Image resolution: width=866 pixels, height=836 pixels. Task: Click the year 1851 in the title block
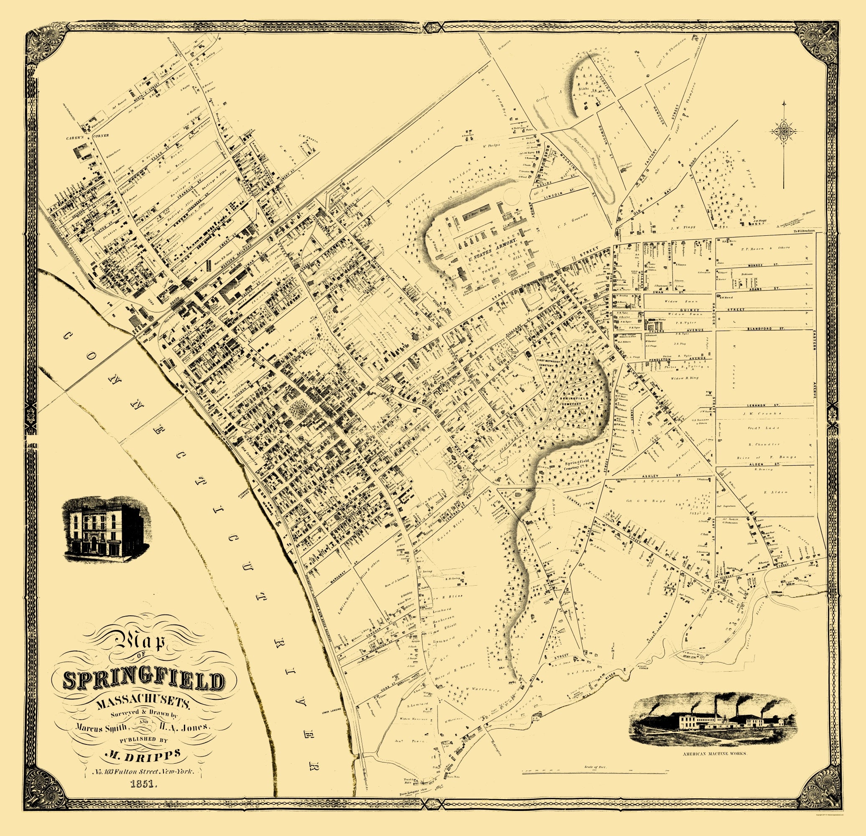(143, 784)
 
